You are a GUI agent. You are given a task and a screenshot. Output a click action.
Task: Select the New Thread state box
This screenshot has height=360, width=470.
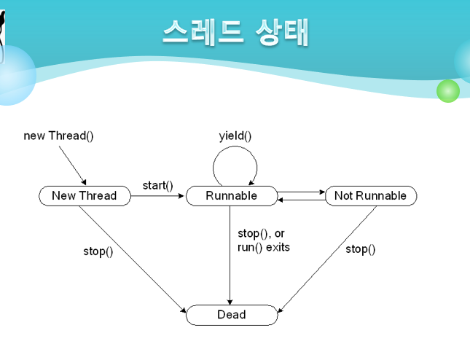84,196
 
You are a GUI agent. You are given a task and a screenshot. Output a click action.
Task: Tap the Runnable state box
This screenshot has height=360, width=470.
232,196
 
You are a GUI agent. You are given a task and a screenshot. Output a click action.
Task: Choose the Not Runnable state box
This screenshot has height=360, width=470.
370,196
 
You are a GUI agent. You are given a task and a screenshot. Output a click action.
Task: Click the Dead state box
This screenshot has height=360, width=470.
232,315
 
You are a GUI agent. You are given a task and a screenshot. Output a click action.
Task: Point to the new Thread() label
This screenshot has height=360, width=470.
58,136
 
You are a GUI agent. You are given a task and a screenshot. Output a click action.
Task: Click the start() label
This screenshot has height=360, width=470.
158,185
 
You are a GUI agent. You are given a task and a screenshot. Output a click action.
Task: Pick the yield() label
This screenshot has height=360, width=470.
235,136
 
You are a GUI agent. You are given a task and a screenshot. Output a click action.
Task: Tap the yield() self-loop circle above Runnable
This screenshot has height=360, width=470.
235,166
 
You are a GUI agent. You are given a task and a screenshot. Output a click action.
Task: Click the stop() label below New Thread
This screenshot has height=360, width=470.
98,251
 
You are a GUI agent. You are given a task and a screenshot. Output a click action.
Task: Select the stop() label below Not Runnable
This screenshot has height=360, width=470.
360,249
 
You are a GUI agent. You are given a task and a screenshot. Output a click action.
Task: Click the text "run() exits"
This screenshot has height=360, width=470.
264,247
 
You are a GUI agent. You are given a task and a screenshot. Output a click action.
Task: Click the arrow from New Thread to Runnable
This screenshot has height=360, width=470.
157,196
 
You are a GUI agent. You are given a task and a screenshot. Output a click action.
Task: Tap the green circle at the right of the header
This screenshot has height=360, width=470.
447,90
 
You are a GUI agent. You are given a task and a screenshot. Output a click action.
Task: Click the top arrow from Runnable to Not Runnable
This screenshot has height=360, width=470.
302,192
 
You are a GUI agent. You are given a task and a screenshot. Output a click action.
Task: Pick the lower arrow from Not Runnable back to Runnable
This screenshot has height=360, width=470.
302,199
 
